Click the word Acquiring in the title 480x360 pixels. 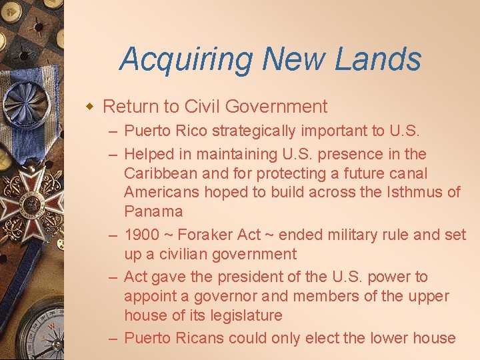(187, 59)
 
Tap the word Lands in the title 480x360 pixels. (378, 59)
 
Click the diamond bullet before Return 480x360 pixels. (91, 106)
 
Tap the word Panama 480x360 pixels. (153, 212)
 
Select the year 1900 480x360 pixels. (142, 235)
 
